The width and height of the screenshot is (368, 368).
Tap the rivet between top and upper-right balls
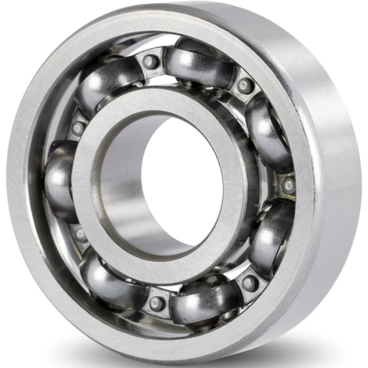[244, 86]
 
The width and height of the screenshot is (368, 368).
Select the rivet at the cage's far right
[288, 185]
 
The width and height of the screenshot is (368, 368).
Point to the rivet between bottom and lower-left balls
[156, 303]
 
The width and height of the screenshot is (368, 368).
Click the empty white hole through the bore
[184, 179]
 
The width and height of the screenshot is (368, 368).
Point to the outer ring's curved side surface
[336, 184]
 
